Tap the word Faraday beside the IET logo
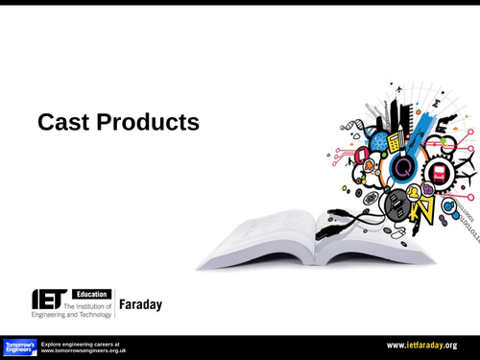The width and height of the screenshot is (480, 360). (140, 304)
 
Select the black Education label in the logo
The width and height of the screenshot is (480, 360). (90, 294)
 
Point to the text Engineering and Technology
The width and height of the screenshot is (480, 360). (72, 314)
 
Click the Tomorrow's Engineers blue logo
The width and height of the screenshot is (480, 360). (18, 347)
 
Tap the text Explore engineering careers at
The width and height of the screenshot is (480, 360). (81, 343)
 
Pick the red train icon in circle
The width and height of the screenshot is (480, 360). (439, 173)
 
